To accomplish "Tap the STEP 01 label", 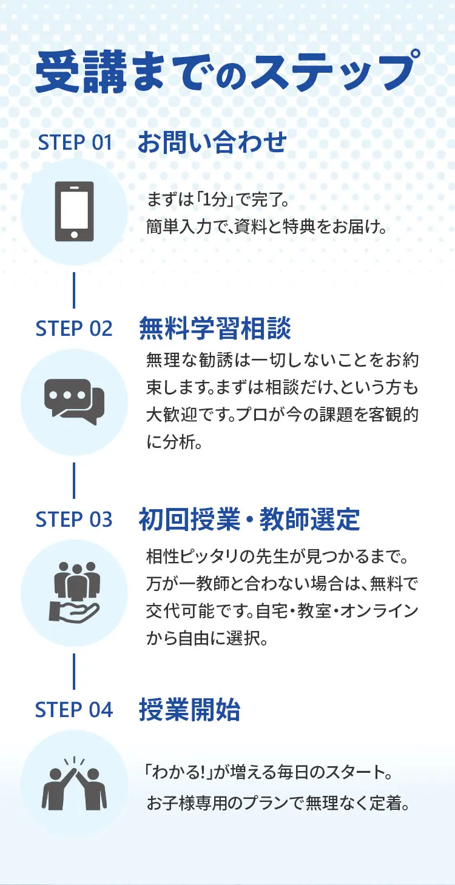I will click(75, 143).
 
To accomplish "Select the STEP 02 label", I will click(74, 329).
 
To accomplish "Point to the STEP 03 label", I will click(74, 519).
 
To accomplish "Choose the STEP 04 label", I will click(74, 710).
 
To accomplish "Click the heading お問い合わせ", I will click(212, 142).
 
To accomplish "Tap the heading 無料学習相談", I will click(215, 329).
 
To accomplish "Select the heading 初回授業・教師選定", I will click(249, 519).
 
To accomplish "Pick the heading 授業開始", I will click(189, 710).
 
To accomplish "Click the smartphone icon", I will click(75, 212).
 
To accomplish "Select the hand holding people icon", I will click(75, 592).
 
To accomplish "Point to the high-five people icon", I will click(75, 783).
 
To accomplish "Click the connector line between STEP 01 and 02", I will click(74, 290).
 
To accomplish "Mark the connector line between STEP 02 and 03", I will click(74, 480).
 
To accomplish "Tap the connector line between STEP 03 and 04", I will click(74, 671).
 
